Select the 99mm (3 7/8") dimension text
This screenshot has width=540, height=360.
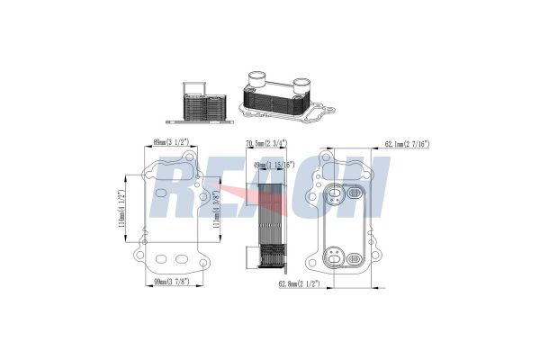click(x=170, y=284)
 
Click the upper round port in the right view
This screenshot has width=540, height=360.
click(x=337, y=192)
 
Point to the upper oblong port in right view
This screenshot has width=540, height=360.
click(x=352, y=192)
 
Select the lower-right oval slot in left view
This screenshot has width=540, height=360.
click(x=182, y=259)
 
